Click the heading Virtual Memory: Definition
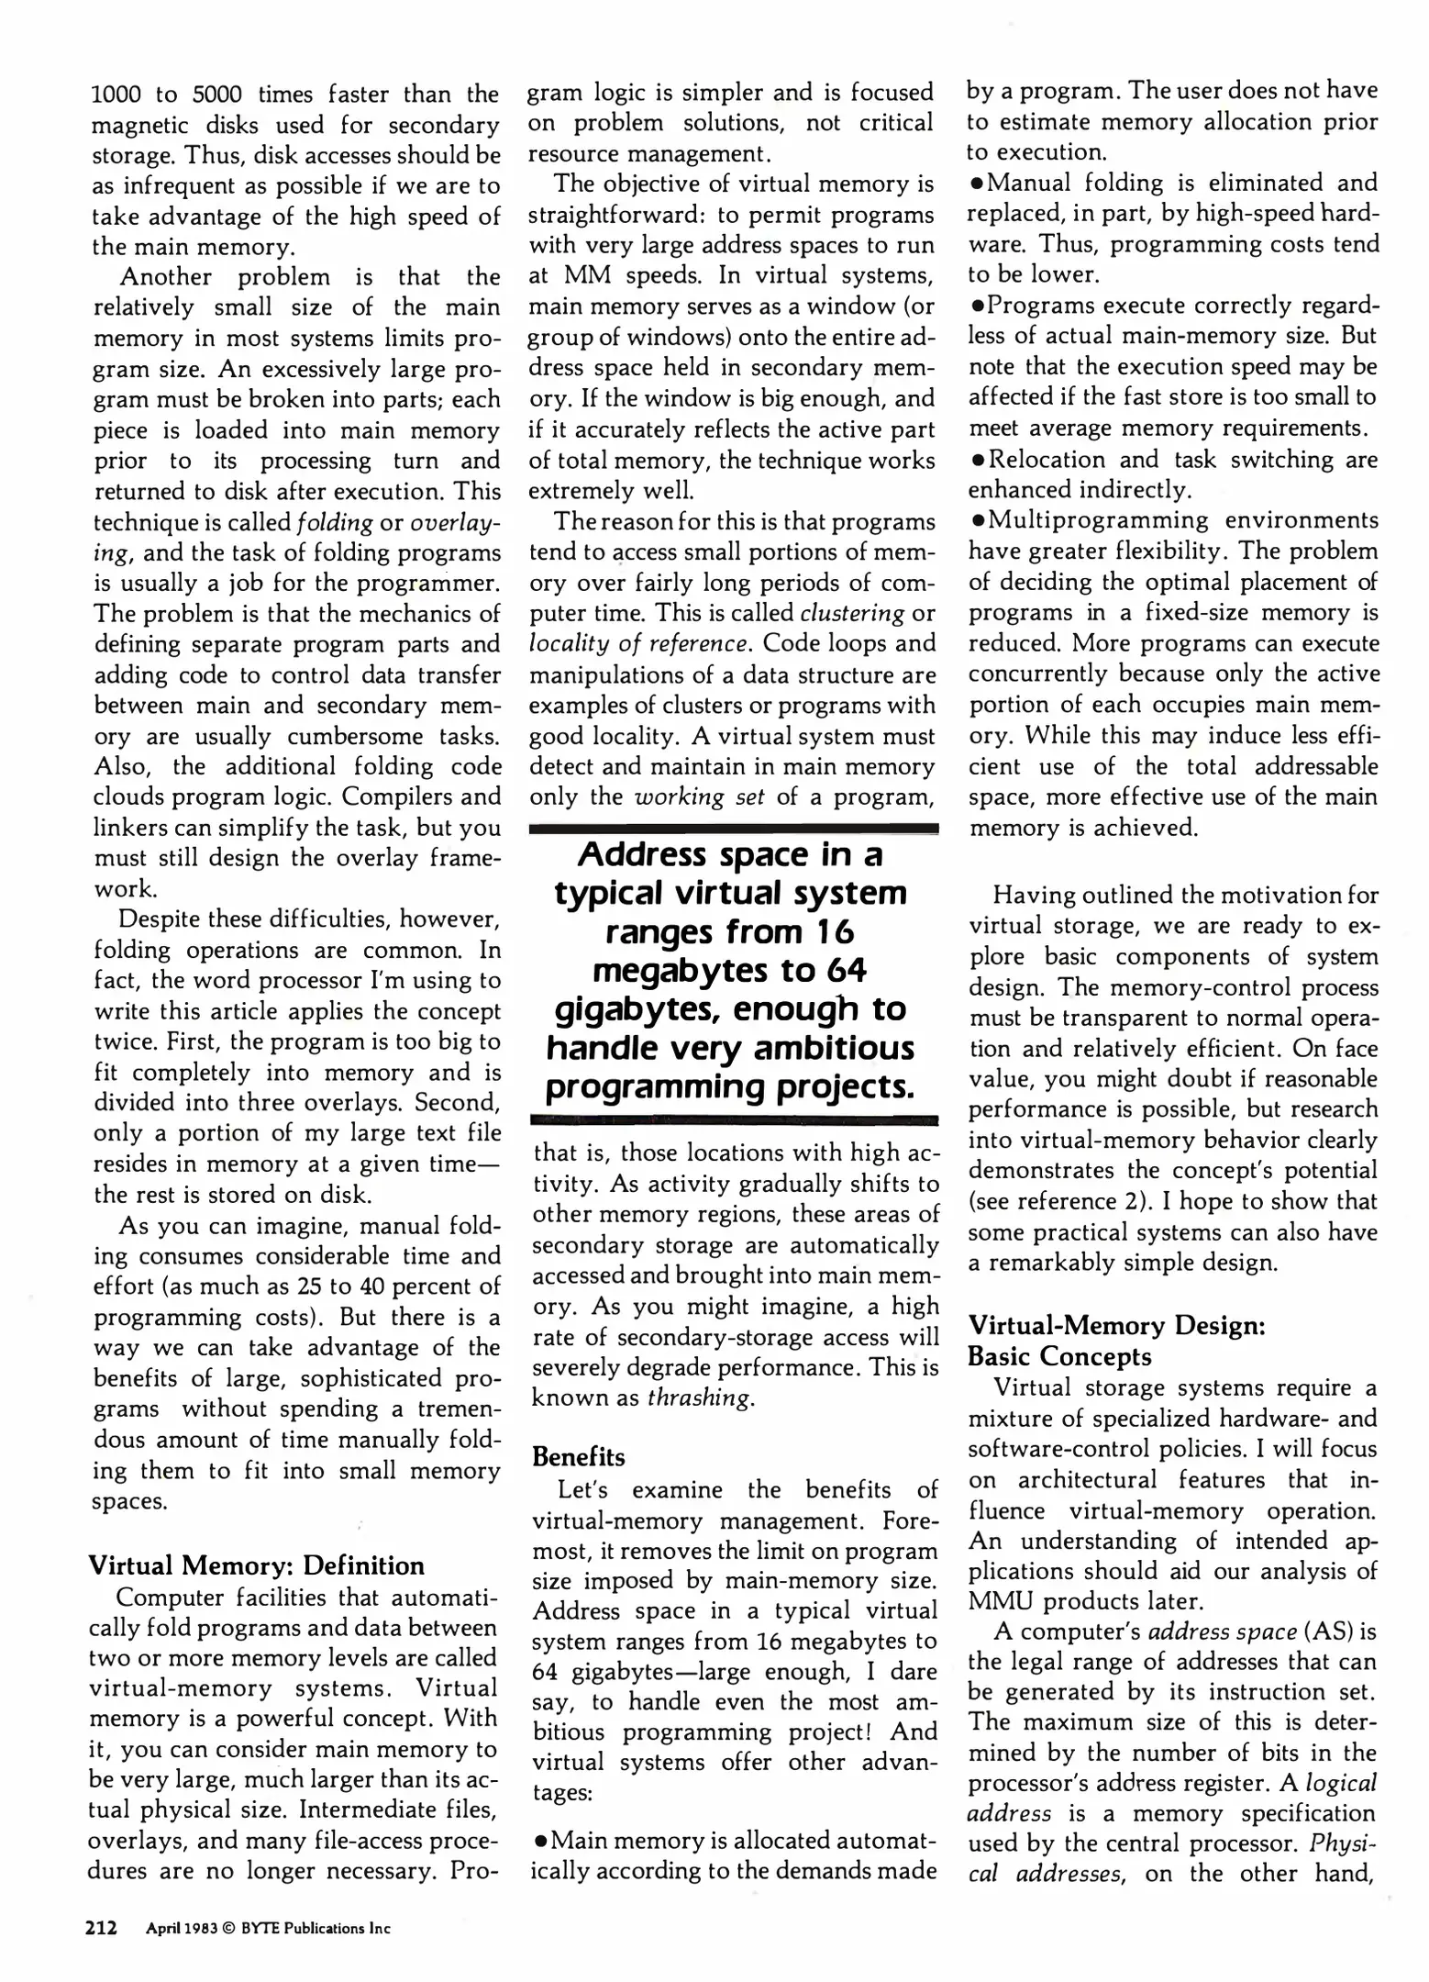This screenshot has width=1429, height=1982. point(256,1565)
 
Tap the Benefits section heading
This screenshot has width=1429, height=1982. point(578,1457)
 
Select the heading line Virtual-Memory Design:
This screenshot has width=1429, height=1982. point(1116,1326)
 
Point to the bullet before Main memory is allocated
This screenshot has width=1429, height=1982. point(540,1840)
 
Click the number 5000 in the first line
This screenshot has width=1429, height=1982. point(217,95)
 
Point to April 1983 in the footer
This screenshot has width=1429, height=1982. point(182,1928)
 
